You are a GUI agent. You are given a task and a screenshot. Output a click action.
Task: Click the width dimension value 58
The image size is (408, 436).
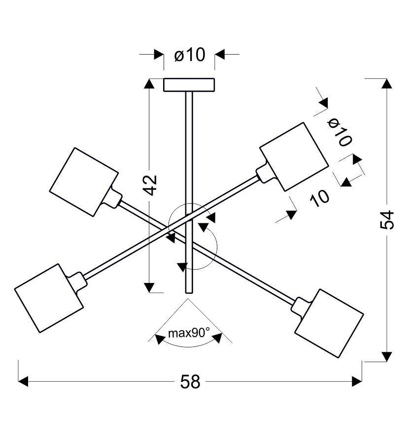[x=190, y=381]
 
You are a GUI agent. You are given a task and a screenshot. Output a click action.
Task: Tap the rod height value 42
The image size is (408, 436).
[x=151, y=185]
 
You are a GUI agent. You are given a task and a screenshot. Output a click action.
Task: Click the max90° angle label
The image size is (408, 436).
[x=189, y=333]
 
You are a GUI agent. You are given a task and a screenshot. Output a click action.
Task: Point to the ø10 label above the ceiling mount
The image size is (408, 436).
[x=189, y=55]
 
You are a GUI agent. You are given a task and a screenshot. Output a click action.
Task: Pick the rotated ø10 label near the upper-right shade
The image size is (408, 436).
[x=340, y=132]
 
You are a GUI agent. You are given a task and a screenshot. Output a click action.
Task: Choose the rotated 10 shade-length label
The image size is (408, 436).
[x=320, y=197]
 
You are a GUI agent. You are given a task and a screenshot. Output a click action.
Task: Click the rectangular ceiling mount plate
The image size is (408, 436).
[x=189, y=85]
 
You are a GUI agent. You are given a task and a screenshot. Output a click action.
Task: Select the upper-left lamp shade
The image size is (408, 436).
[x=84, y=181]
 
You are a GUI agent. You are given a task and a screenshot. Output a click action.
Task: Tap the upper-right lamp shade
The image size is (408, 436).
[x=294, y=156]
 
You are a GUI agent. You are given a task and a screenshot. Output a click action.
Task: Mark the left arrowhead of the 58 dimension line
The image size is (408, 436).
[x=24, y=381]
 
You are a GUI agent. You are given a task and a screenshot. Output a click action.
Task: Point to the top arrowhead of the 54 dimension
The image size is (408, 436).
[x=387, y=84]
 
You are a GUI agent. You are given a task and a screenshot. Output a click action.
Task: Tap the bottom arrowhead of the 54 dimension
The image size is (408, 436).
[x=387, y=356]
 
